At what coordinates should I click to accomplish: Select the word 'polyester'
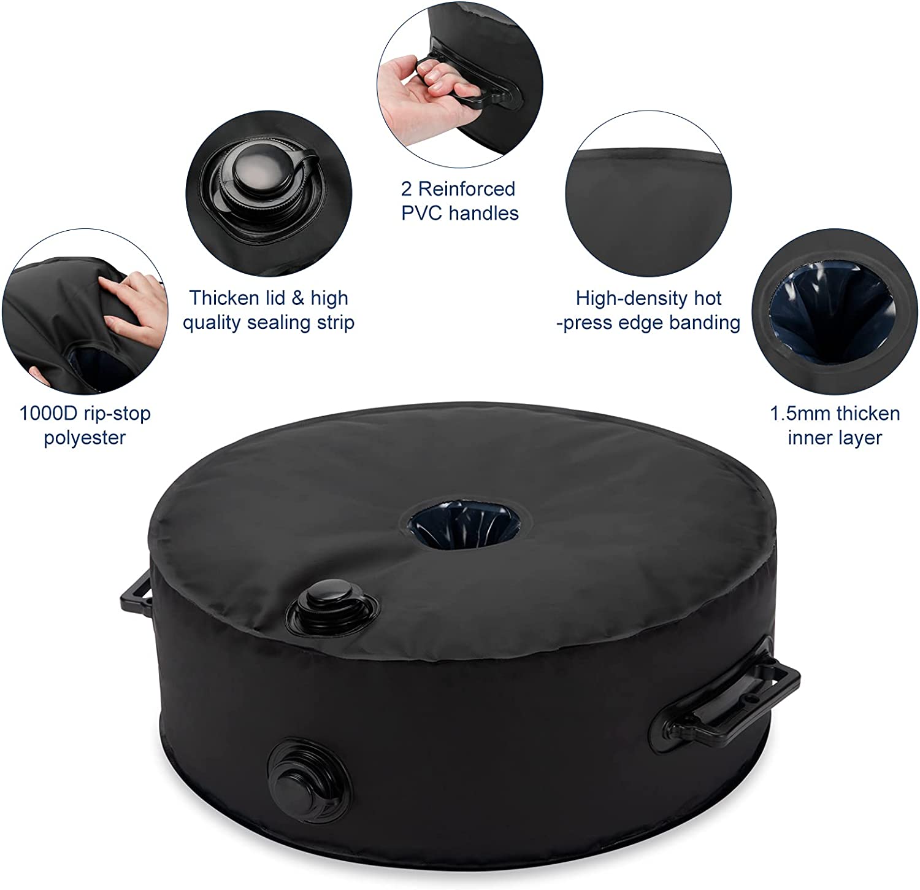tap(85, 438)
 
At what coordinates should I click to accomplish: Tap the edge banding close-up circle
tap(648, 203)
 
